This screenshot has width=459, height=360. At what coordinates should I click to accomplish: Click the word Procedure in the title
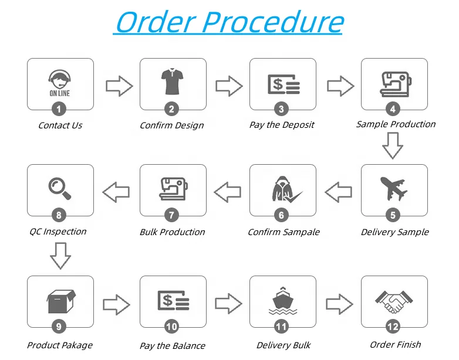click(274, 22)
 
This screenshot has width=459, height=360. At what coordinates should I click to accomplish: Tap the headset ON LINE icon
click(60, 84)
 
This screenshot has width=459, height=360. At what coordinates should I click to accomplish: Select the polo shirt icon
click(172, 83)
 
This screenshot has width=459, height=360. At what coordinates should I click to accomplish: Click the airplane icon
click(394, 189)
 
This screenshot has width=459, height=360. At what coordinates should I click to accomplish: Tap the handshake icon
click(394, 300)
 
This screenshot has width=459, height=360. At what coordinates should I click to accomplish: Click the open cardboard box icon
click(60, 301)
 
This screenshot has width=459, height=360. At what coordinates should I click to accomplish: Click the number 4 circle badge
click(394, 108)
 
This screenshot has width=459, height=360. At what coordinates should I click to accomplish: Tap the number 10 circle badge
click(172, 327)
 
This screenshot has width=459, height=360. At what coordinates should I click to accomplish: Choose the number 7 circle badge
click(172, 215)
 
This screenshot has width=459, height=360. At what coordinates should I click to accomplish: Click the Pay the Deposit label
click(282, 125)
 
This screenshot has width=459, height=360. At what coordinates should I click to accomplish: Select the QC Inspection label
click(58, 232)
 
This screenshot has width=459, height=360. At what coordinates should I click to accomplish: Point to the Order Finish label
click(395, 345)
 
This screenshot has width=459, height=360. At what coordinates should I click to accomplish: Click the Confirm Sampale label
click(283, 232)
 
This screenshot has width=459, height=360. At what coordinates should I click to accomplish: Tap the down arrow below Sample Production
click(393, 146)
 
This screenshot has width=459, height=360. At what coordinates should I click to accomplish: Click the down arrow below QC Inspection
click(60, 256)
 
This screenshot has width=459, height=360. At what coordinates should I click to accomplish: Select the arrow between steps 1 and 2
click(119, 87)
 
